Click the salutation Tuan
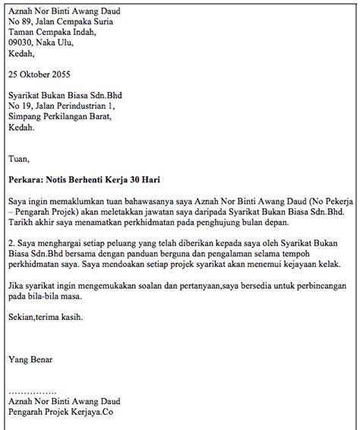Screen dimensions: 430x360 (17, 159)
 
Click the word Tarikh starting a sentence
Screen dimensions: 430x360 (21, 223)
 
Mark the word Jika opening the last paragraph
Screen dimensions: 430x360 (15, 286)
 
